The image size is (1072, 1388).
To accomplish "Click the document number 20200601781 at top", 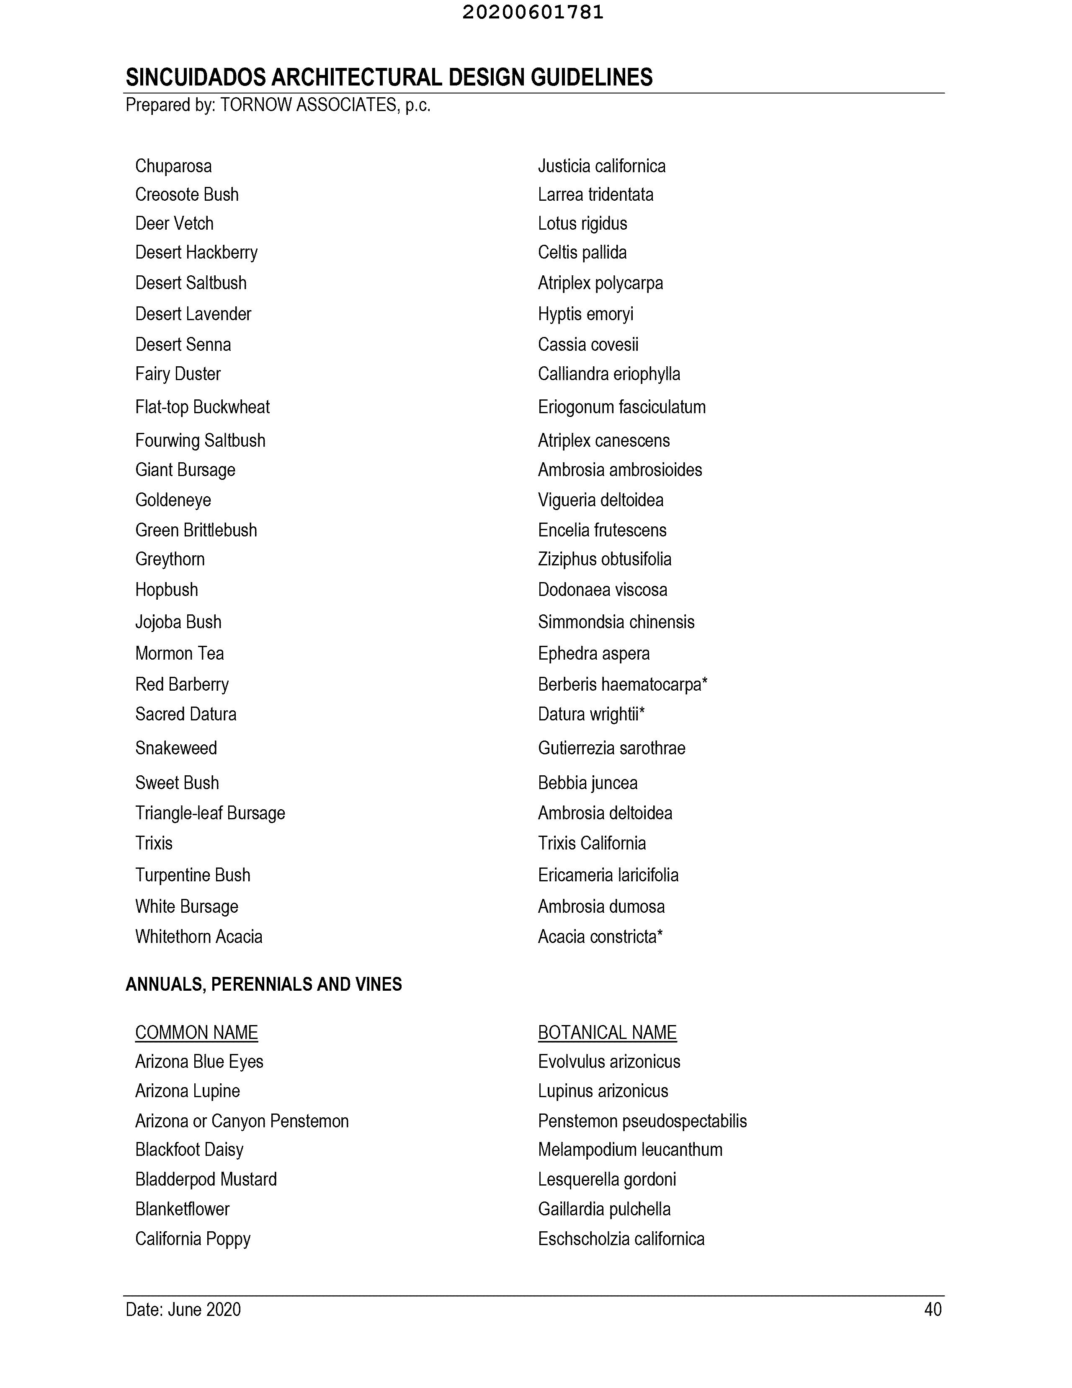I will click(x=533, y=12).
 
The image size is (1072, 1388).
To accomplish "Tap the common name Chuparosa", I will click(x=173, y=166).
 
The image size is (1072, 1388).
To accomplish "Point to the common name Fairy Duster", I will click(x=178, y=374).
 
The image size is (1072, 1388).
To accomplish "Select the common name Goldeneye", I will click(x=173, y=500).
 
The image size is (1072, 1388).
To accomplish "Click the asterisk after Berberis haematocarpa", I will click(x=704, y=682).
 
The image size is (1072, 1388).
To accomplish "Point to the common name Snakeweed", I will click(x=176, y=748).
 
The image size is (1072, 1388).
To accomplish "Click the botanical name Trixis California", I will click(x=592, y=843).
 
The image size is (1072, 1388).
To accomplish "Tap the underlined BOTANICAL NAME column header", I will click(x=607, y=1033).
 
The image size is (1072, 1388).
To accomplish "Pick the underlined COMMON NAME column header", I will click(x=196, y=1033).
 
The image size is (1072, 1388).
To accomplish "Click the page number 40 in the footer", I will click(x=932, y=1310).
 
